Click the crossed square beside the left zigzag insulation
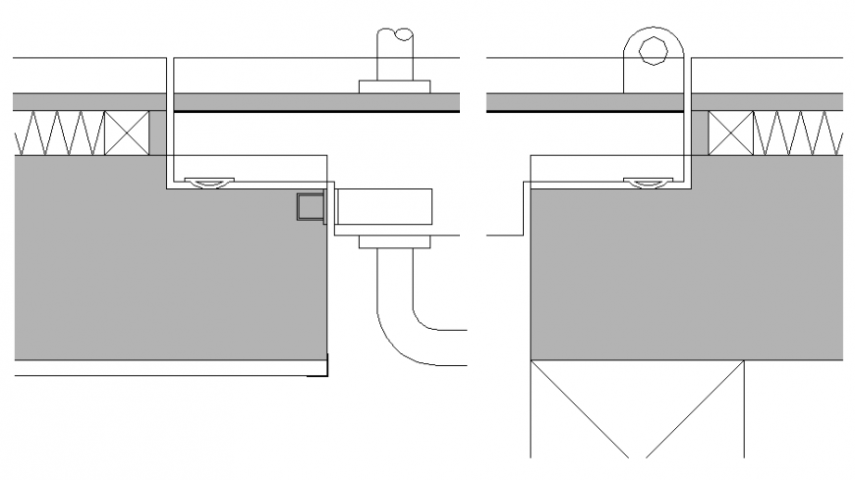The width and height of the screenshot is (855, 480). point(127,132)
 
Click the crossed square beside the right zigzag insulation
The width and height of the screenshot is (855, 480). point(730,132)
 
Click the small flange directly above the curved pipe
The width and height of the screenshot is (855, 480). point(395,242)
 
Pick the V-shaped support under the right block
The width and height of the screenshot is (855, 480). point(637,407)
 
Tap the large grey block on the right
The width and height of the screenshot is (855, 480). point(688,275)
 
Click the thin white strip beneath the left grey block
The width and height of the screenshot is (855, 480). point(167,367)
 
